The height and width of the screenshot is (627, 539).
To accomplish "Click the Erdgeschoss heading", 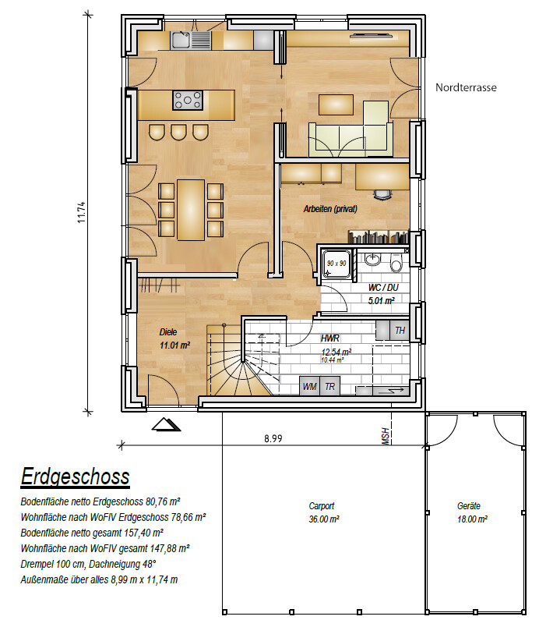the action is [x=75, y=476].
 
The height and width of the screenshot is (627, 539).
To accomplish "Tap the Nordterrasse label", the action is [x=466, y=87].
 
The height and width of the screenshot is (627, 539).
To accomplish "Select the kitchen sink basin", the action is [x=181, y=41].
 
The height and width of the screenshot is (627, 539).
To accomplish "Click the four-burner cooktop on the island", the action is [x=188, y=100].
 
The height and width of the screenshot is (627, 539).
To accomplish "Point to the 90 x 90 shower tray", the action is [x=337, y=264].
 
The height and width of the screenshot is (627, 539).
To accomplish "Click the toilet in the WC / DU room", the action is [x=396, y=263].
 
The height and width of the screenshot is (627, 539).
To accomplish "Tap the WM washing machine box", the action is [x=309, y=386].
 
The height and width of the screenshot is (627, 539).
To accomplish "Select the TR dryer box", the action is [x=329, y=386].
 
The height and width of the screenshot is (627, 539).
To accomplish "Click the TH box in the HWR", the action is [x=400, y=331].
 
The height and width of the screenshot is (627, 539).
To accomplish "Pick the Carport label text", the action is [x=322, y=506].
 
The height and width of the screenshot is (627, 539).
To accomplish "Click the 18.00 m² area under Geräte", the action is [x=472, y=519].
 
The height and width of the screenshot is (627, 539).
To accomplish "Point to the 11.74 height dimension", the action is [x=82, y=212].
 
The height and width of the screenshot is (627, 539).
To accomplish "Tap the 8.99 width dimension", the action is [x=273, y=438].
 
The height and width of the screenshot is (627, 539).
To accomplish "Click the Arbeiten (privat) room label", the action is [x=330, y=209].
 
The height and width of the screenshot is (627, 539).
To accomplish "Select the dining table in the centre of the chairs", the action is [x=191, y=210].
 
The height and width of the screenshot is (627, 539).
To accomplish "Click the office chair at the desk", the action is [x=382, y=194].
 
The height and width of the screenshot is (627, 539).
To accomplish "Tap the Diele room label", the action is [x=168, y=332].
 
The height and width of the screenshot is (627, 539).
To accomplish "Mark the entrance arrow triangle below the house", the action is [x=166, y=425].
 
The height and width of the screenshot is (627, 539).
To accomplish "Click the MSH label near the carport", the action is [x=386, y=436].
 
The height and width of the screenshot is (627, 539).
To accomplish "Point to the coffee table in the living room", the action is [x=336, y=104].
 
